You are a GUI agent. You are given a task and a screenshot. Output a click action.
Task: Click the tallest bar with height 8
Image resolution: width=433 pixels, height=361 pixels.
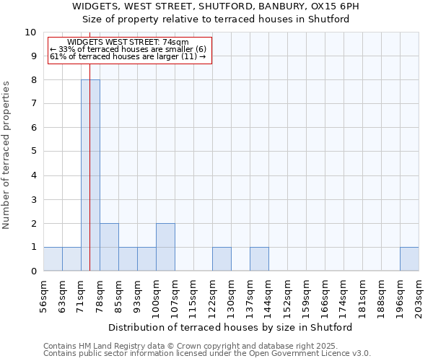click(90, 175)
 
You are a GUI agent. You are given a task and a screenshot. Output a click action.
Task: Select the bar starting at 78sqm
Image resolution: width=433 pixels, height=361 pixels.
click(109, 247)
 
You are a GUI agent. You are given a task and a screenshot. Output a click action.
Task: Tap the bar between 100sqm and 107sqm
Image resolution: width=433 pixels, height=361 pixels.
click(165, 247)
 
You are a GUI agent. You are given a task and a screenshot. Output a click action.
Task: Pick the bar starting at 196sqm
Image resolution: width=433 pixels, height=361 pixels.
click(409, 259)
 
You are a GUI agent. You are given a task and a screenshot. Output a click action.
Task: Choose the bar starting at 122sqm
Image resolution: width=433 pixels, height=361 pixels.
click(222, 259)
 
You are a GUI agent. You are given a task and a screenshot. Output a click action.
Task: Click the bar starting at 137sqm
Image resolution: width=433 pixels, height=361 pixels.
click(259, 259)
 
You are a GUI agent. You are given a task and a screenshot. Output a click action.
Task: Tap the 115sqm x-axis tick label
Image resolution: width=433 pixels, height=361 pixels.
click(193, 296)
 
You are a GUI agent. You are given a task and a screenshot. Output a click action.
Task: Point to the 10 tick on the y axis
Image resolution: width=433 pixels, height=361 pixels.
click(31, 32)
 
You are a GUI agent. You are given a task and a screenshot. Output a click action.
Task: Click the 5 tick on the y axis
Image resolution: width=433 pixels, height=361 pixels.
click(33, 152)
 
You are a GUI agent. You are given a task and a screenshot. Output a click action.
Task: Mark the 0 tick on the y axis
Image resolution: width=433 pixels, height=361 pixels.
click(33, 271)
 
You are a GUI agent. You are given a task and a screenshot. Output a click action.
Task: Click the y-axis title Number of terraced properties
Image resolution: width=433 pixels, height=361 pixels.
click(6, 155)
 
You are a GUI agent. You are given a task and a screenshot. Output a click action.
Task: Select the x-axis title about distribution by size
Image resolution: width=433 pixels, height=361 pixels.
click(235, 327)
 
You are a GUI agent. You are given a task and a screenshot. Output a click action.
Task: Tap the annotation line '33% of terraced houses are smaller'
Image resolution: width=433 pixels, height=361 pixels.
click(128, 49)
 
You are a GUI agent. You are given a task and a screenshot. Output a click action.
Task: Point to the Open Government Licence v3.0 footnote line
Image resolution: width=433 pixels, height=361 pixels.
click(207, 354)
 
